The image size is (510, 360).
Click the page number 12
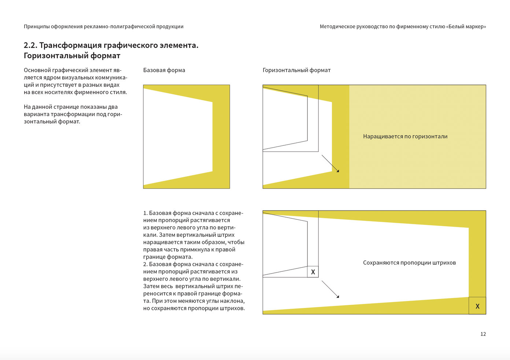tap(483, 334)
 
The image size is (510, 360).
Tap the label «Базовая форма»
tap(164, 70)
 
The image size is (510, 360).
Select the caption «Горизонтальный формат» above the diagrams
tap(296, 70)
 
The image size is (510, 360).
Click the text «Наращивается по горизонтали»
tap(405, 137)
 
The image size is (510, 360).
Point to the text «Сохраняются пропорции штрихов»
tap(409, 263)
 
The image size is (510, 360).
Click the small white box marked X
tap(313, 272)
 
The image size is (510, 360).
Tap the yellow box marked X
tap(477, 306)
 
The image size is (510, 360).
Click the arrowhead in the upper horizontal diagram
tap(337, 171)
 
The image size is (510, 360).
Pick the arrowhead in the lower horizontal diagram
tap(337, 296)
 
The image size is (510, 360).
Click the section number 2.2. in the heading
tap(30, 45)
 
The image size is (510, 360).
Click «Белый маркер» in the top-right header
tap(466, 27)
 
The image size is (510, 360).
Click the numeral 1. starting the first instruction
tap(145, 213)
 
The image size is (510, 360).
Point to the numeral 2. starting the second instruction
tap(145, 264)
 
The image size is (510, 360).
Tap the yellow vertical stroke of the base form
tap(221, 139)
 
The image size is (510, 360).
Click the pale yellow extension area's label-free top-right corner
tap(476, 92)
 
